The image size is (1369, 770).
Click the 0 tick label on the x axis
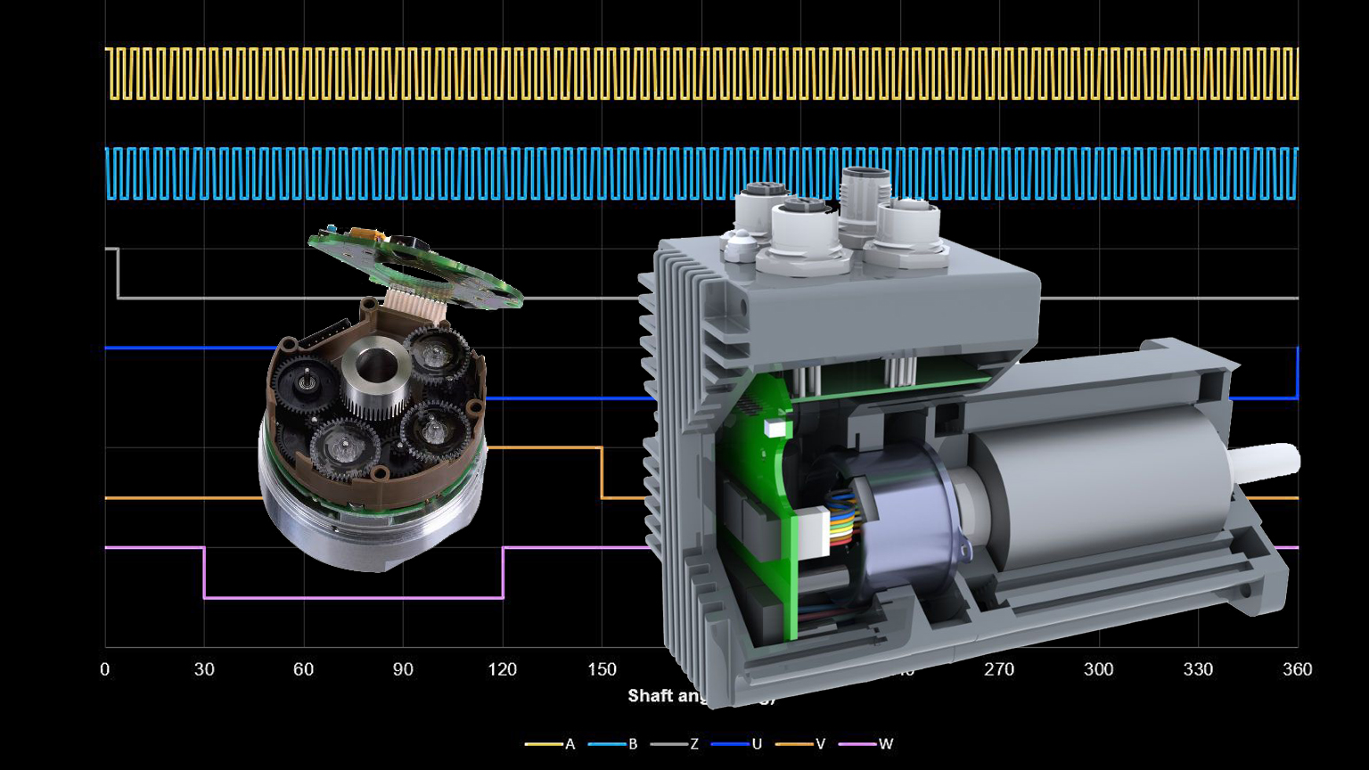(105, 670)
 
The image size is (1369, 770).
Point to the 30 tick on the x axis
(204, 670)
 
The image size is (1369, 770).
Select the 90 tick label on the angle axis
(403, 670)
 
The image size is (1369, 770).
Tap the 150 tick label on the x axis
(602, 670)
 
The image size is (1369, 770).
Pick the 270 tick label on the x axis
(999, 670)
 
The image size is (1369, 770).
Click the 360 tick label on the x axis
(1297, 670)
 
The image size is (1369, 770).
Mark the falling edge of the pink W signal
(204, 572)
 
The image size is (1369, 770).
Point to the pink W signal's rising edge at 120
(503, 572)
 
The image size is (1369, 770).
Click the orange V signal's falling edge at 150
(602, 472)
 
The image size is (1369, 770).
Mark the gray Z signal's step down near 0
(118, 273)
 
